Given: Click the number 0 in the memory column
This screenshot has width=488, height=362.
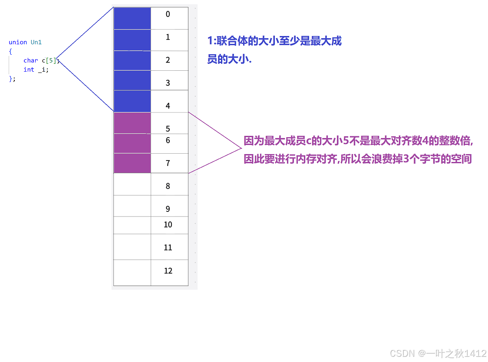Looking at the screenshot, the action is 168,14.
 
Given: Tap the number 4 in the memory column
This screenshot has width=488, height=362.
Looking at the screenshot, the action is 168,106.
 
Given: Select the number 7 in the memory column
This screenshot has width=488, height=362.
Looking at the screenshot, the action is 168,163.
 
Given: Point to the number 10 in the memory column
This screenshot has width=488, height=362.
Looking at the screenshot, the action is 168,225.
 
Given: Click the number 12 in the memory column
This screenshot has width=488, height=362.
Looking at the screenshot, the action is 168,271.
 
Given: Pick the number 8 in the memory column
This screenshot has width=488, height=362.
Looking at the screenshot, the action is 168,186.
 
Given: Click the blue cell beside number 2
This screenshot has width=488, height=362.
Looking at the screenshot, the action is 132,60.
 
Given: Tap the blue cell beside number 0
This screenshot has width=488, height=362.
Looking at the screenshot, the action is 132,18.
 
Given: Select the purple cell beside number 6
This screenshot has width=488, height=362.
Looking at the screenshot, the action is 132,143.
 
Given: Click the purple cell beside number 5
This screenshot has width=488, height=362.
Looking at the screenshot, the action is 132,123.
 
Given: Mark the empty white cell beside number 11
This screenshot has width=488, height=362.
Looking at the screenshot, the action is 132,247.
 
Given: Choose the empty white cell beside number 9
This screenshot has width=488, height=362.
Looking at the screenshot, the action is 132,206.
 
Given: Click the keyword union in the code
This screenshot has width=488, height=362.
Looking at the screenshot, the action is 18,42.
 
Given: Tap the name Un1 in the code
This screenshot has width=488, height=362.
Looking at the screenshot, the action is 36,42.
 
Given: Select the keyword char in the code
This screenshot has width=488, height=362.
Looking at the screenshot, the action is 31,60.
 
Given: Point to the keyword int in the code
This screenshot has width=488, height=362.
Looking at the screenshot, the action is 29,69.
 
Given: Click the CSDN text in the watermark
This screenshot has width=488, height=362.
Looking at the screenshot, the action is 402,353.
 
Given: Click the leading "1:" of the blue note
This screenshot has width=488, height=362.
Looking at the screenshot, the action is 211,41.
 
